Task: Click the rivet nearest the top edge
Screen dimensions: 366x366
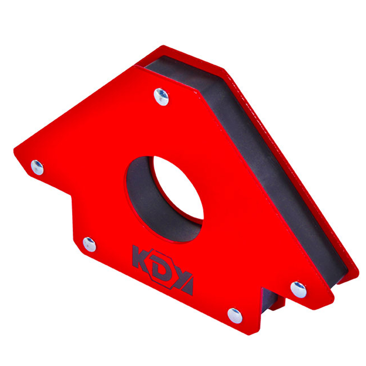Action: click(x=161, y=97)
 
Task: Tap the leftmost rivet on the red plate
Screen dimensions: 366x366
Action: click(x=37, y=167)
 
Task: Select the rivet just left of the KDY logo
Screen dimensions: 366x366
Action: click(x=89, y=244)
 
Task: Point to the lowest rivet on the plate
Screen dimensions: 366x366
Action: click(x=235, y=315)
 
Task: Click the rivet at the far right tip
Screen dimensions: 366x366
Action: click(x=299, y=290)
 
